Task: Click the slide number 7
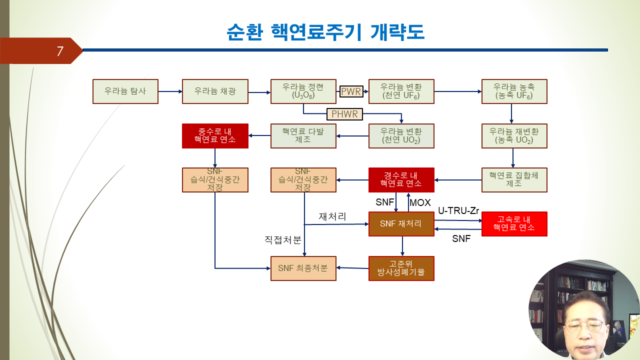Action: [60, 51]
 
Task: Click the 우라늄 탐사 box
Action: [125, 91]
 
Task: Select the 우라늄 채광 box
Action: [215, 91]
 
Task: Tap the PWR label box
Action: [351, 91]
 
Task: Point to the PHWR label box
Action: [344, 114]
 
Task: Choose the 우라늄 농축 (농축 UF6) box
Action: [514, 91]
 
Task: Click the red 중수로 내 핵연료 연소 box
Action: [215, 136]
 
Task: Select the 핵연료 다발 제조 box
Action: [303, 136]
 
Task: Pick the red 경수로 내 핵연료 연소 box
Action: [401, 180]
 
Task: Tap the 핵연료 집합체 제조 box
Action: [514, 180]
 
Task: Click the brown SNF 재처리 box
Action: [401, 224]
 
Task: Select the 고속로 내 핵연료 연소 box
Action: [514, 224]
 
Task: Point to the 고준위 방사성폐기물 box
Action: [401, 268]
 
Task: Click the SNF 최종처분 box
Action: [303, 268]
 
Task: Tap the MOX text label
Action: [420, 202]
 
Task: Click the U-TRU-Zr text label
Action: [458, 211]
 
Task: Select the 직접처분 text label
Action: [283, 239]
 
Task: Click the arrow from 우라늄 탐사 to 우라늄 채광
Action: [170, 91]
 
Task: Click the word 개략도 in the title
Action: [397, 32]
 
